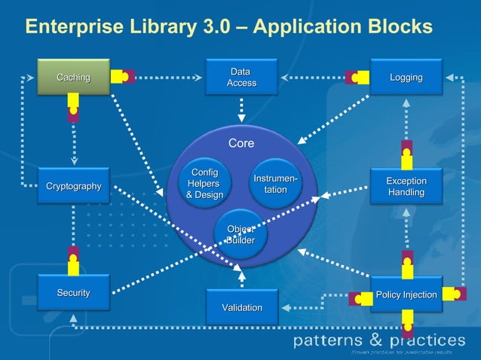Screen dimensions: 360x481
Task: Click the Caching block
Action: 73,77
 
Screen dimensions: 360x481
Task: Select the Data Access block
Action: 241,77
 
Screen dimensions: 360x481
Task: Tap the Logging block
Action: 406,78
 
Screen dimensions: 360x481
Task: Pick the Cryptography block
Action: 73,186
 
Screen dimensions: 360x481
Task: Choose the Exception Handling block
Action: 406,187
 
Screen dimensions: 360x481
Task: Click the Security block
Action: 73,292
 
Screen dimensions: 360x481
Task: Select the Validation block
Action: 241,307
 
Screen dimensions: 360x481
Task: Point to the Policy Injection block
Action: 406,294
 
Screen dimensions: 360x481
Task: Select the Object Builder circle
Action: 240,234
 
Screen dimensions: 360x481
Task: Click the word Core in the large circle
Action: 241,143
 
